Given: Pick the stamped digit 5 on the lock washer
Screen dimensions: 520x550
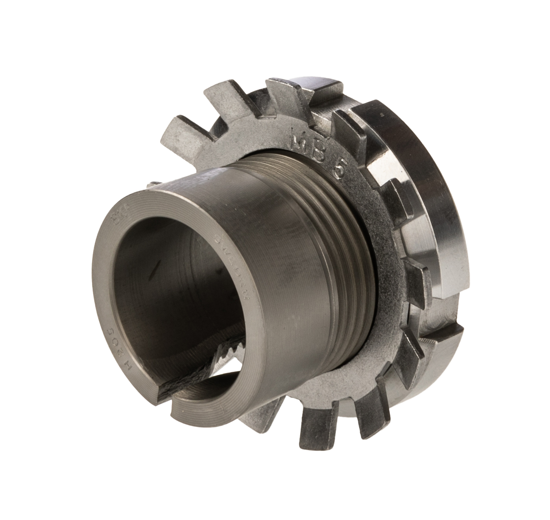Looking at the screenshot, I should (339, 171).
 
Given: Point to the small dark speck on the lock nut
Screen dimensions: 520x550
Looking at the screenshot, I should (381, 115).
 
